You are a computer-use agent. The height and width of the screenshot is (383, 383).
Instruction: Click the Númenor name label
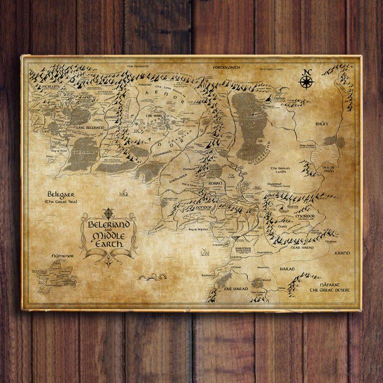(x=62, y=256)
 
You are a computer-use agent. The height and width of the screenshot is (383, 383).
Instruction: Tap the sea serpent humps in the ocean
(x=152, y=277)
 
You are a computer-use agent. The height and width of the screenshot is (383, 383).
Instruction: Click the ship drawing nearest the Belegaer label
(x=123, y=192)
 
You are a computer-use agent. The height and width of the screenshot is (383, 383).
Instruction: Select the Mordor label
(x=305, y=216)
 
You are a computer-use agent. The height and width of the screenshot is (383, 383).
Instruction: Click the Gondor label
(x=204, y=206)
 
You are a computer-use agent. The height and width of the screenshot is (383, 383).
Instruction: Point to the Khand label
(x=343, y=253)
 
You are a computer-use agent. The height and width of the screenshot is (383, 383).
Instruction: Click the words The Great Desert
(x=330, y=290)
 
